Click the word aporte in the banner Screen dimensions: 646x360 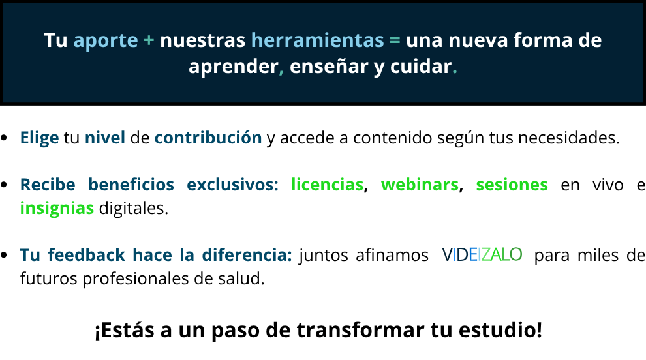click(106, 41)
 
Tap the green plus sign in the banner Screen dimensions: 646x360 click(149, 40)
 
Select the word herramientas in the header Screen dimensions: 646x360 click(317, 40)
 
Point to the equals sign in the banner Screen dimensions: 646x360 click(395, 40)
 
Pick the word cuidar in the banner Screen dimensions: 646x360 click(421, 66)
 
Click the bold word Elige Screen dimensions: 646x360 click(40, 138)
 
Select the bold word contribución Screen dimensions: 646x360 click(208, 138)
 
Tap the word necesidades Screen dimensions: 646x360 click(568, 138)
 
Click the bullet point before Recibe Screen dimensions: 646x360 click(5, 185)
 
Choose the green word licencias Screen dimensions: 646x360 click(327, 185)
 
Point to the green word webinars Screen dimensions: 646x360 click(420, 185)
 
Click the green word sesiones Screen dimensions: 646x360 click(512, 185)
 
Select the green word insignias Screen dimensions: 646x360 click(57, 209)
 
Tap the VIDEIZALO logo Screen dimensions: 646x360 click(482, 255)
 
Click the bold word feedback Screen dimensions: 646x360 click(87, 255)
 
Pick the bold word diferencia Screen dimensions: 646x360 click(247, 255)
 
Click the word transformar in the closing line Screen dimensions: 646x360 click(360, 329)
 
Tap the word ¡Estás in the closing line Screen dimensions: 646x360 click(125, 330)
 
